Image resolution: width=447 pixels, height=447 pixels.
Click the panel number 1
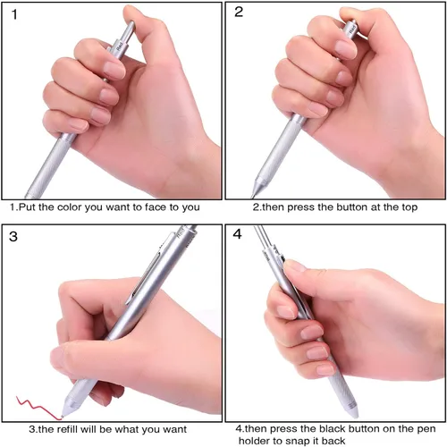click(x=14, y=14)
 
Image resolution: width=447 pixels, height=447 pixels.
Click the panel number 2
click(x=239, y=12)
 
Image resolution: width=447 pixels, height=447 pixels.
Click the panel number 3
click(x=13, y=237)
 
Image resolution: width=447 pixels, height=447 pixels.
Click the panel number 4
click(x=237, y=234)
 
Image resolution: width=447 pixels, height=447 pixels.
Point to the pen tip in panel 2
click(x=253, y=196)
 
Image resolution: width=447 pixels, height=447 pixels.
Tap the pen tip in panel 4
click(x=354, y=415)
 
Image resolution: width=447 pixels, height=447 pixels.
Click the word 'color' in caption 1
click(x=70, y=207)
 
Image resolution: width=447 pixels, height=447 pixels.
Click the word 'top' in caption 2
click(x=409, y=207)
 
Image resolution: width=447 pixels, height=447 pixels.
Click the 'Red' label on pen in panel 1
click(x=120, y=46)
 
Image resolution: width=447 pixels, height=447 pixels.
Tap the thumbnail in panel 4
click(x=294, y=266)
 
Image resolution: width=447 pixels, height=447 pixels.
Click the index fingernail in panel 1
click(x=114, y=71)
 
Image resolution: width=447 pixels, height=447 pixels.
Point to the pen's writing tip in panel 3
click(x=62, y=416)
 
